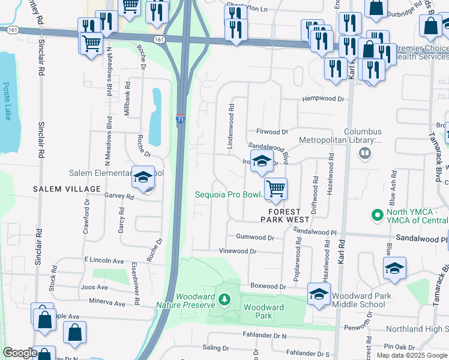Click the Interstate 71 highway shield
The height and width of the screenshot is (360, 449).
[x=181, y=119]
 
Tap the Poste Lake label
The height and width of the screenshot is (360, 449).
[x=7, y=101]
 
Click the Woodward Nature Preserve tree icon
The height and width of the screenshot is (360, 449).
[x=223, y=298]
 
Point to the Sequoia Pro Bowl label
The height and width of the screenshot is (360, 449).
[x=228, y=195]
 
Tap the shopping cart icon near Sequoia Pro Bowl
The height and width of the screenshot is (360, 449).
[x=276, y=190]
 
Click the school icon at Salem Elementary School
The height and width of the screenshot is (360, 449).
[x=143, y=178]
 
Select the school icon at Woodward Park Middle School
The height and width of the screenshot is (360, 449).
[x=319, y=294]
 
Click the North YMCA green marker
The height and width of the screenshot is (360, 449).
[x=378, y=214]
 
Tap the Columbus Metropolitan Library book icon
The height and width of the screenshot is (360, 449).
[x=364, y=154]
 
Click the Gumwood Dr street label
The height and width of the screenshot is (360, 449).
[x=255, y=238]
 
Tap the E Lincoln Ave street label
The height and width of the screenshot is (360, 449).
[x=104, y=261]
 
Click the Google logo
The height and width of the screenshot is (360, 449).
[x=20, y=353]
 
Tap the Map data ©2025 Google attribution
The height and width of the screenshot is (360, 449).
[x=412, y=355]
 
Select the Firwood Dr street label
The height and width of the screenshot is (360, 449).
[x=272, y=131]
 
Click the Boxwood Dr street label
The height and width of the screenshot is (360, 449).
[x=269, y=287]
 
